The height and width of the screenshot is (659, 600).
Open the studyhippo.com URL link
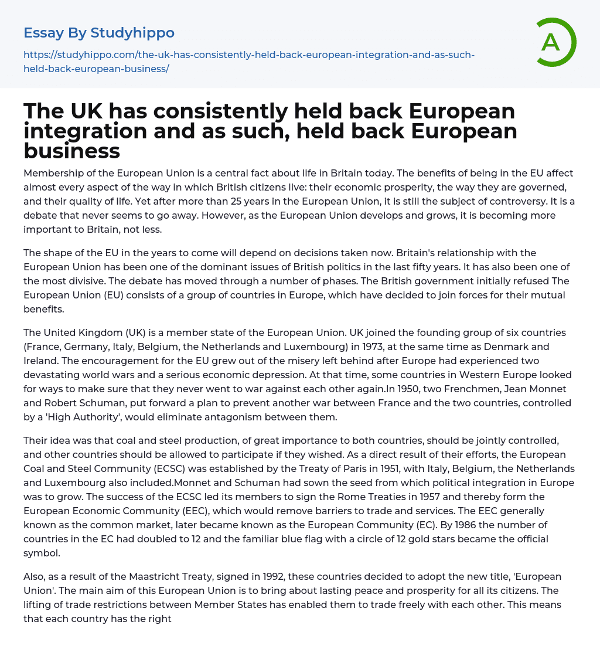(x=249, y=62)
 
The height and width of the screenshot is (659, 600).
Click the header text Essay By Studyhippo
(x=99, y=33)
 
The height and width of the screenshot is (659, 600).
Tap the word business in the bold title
(x=71, y=151)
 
